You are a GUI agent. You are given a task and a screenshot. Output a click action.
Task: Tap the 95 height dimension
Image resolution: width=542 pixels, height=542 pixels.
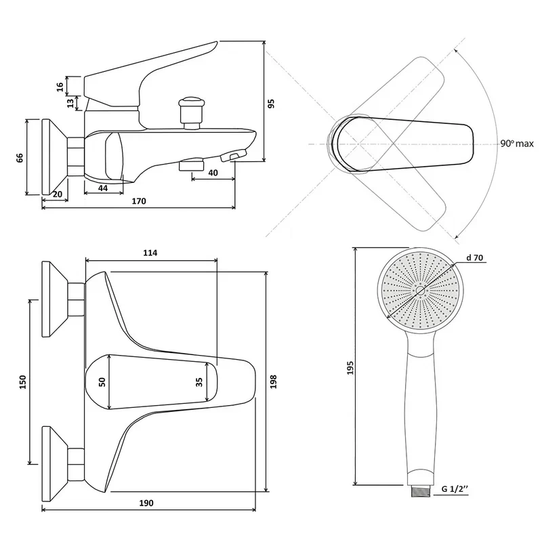(x=271, y=104)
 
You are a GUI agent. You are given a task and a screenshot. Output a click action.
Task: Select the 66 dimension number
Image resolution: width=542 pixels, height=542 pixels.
(x=20, y=157)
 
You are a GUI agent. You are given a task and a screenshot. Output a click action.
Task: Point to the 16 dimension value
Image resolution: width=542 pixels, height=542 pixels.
(x=60, y=86)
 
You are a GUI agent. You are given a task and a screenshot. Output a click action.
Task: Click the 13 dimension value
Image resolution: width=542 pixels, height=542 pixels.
(x=70, y=103)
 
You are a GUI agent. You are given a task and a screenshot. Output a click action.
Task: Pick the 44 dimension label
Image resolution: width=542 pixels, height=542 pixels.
(x=103, y=188)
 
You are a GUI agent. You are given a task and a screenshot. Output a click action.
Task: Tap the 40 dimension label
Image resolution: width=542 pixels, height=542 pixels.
(x=213, y=173)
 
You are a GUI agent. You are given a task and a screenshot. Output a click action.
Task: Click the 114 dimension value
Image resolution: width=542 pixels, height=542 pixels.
(x=150, y=253)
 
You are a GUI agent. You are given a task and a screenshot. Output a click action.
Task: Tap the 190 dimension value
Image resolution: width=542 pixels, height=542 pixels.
(x=147, y=503)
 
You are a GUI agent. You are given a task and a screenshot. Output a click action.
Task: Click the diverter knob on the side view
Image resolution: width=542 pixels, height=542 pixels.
(x=192, y=108)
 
